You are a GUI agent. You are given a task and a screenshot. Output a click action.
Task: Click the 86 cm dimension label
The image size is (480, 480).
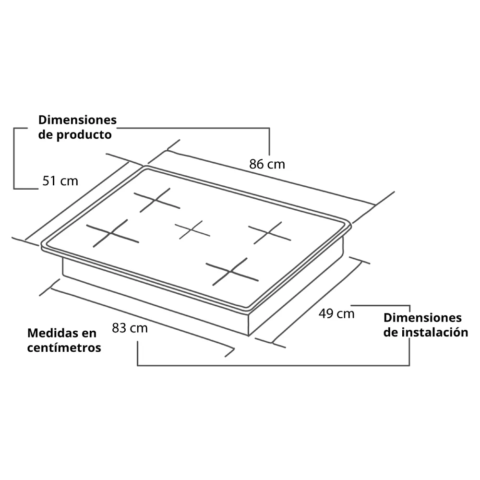tap(267, 164)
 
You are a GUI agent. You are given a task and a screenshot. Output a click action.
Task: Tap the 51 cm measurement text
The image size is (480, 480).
tap(60, 181)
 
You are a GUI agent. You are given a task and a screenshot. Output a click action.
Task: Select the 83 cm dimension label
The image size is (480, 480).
tap(130, 328)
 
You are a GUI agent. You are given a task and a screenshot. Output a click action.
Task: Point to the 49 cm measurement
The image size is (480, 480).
tap(336, 313)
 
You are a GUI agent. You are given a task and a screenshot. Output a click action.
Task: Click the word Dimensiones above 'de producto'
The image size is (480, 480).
tap(77, 120)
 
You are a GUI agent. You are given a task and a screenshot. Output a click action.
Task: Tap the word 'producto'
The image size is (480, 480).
tap(84, 135)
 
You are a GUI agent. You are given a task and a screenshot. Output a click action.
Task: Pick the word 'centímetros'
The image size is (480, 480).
tap(64, 348)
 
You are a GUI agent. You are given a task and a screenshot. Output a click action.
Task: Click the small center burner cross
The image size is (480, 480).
tap(192, 230)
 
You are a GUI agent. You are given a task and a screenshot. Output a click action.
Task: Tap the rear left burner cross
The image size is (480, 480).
tap(157, 200)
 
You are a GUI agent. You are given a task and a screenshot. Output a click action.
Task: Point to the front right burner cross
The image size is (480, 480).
tap(232, 272)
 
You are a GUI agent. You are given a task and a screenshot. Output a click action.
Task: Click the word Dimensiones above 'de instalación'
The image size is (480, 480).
tap(422, 318)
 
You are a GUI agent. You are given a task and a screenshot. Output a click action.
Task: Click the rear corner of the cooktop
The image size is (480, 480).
tap(146, 167)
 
